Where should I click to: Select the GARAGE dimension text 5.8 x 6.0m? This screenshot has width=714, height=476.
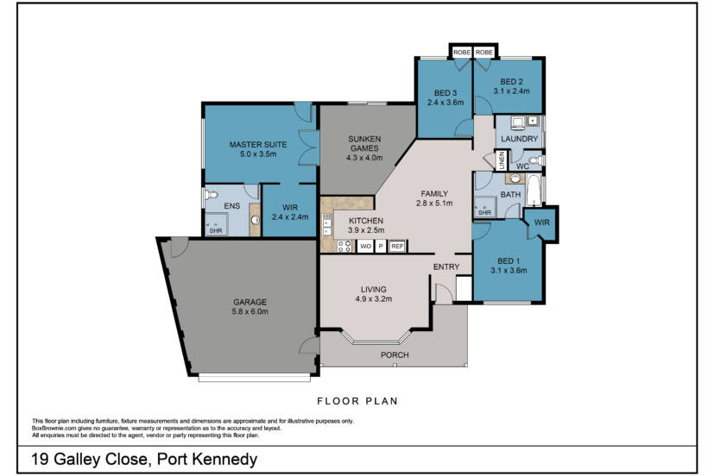click(x=250, y=312)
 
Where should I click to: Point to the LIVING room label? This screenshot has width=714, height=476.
click(x=374, y=289)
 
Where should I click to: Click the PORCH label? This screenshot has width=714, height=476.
click(x=395, y=354)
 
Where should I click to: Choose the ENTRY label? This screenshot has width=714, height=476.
click(x=445, y=266)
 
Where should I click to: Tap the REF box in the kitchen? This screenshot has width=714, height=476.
click(x=397, y=247)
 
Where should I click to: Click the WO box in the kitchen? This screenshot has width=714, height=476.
click(x=365, y=247)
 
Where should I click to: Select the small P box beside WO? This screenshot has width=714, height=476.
click(x=381, y=247)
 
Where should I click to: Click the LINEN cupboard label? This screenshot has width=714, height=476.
click(x=500, y=161)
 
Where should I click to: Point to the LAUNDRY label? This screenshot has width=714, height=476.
click(x=520, y=139)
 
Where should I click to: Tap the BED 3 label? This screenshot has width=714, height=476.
click(x=445, y=93)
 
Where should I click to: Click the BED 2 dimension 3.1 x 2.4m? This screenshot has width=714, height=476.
click(x=511, y=91)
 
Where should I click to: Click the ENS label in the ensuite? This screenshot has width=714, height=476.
click(x=231, y=207)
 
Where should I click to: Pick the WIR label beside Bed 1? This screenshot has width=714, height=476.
click(x=541, y=222)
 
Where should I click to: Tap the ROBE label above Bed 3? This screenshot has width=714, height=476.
click(x=460, y=53)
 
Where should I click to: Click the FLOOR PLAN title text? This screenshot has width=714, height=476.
click(x=357, y=401)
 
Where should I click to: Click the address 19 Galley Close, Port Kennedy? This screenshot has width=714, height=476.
click(x=143, y=458)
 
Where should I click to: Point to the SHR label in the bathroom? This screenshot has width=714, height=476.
click(x=484, y=213)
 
